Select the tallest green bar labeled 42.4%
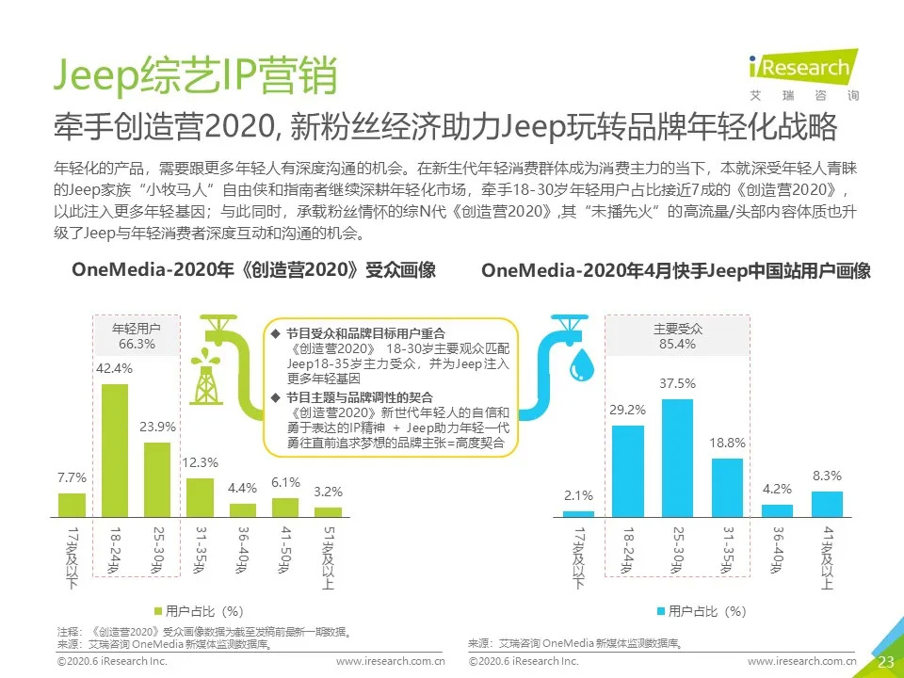click(x=114, y=450)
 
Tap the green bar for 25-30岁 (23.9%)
click(x=156, y=479)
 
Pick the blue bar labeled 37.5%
click(x=677, y=458)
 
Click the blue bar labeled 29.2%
click(x=628, y=471)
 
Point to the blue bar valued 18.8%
click(x=727, y=487)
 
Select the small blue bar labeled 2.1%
click(x=578, y=513)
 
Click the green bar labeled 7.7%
click(x=72, y=505)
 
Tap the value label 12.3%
click(x=200, y=462)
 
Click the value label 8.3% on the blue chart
click(x=827, y=476)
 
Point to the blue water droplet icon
click(x=584, y=362)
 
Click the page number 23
click(x=885, y=662)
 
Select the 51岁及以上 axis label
click(x=327, y=556)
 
